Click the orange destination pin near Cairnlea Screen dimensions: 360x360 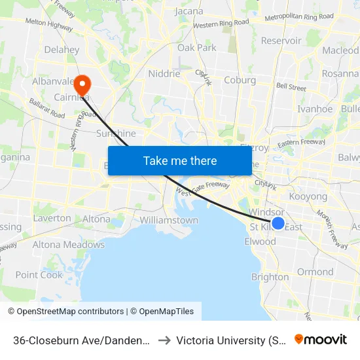82,84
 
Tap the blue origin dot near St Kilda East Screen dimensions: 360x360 278,224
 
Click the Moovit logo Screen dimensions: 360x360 321,339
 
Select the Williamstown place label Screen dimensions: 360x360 169,220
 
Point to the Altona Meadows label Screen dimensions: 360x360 69,245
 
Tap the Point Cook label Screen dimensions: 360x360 39,275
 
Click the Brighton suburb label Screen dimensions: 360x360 270,277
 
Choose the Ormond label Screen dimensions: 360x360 315,272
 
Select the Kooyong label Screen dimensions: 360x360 308,196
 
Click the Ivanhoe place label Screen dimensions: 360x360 315,109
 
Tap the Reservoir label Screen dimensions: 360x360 281,41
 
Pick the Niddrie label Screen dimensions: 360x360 164,74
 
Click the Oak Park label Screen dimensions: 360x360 197,48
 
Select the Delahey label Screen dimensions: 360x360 62,50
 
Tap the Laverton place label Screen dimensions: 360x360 52,218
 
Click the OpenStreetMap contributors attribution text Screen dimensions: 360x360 65,312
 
